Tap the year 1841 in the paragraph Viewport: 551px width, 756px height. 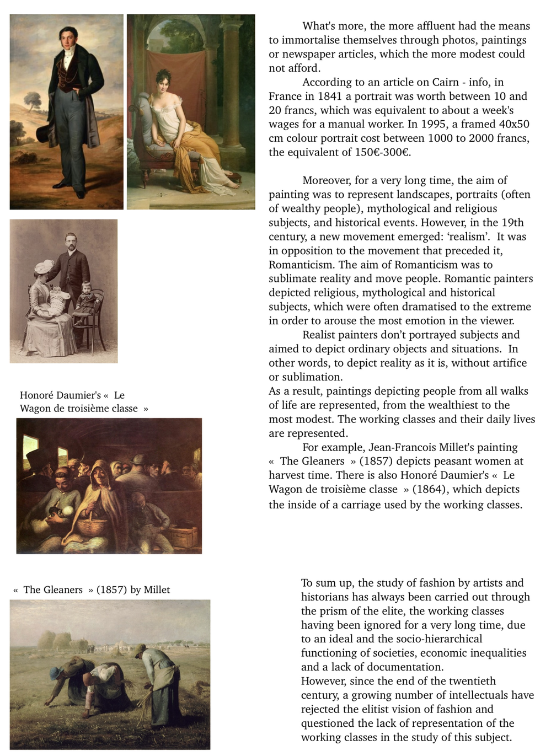point(329,96)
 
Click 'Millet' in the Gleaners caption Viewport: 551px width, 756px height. point(157,590)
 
